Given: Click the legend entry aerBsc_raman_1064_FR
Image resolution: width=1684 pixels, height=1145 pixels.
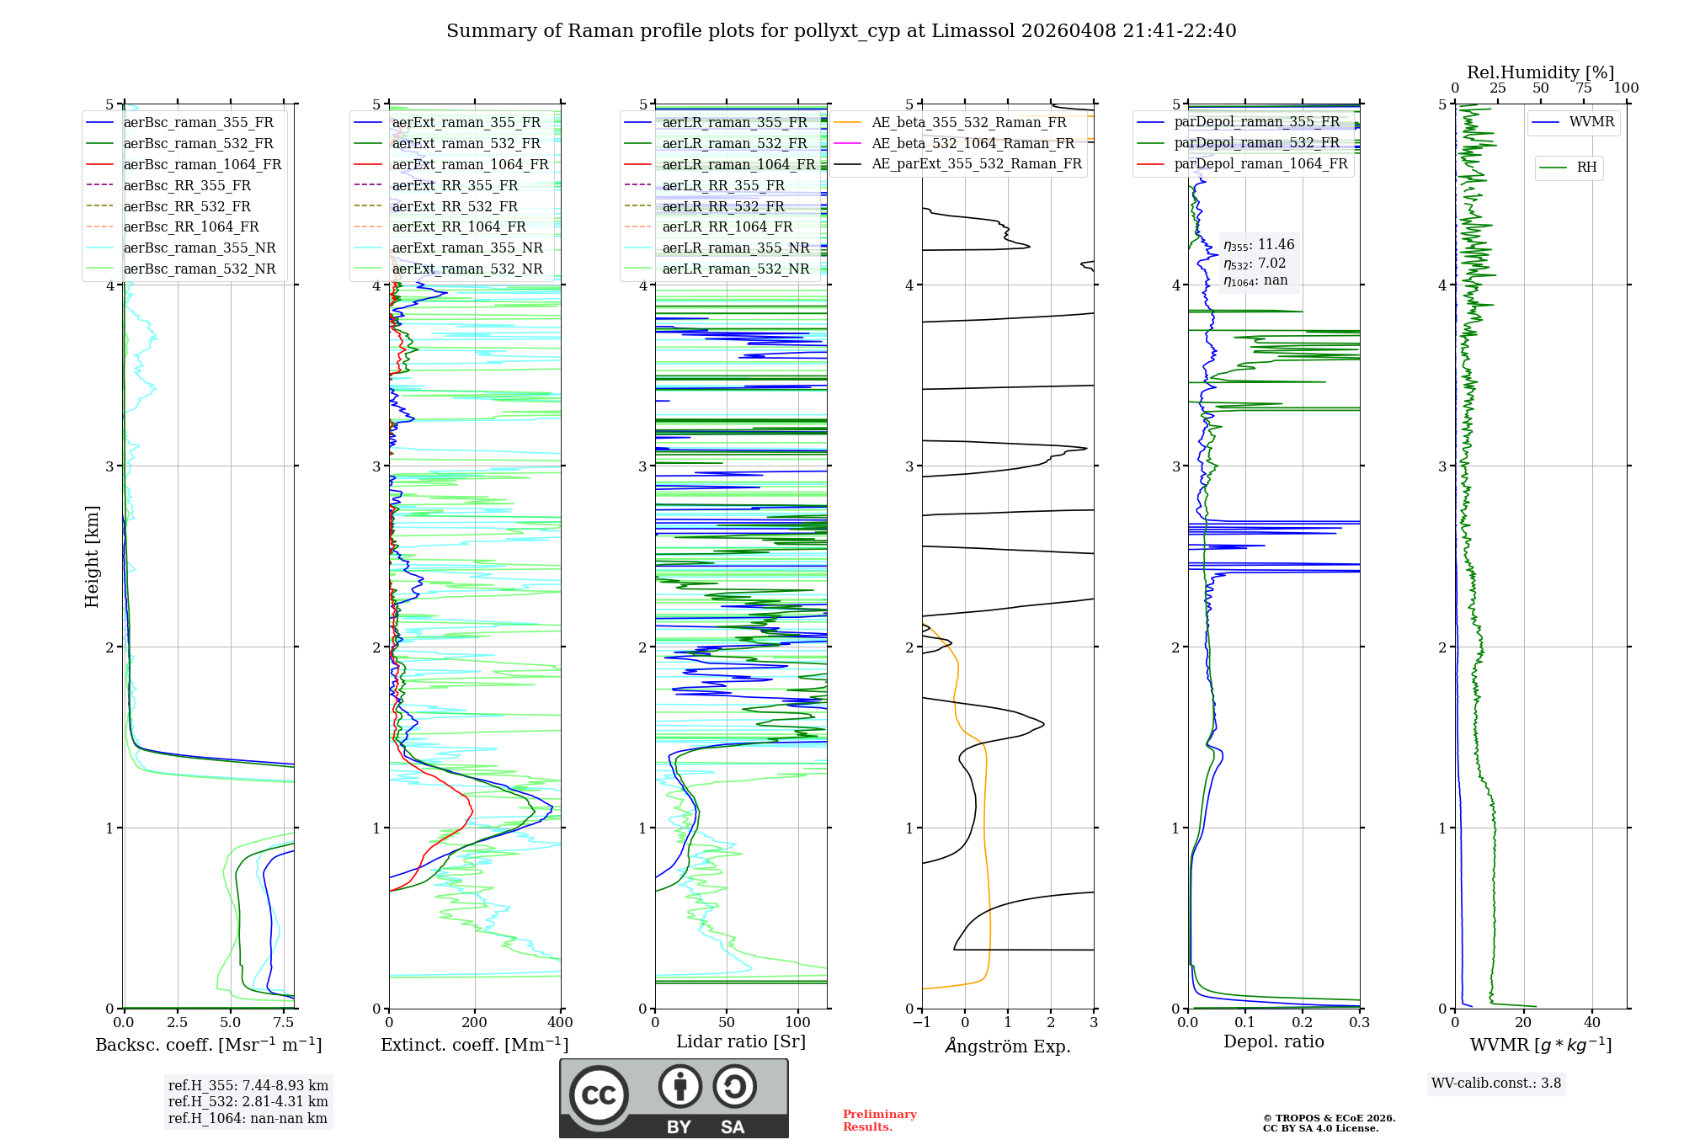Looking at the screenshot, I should coord(202,164).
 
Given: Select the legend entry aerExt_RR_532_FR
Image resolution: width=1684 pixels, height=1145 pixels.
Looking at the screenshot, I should coord(455,206).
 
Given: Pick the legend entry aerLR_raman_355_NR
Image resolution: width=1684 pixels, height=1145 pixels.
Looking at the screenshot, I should coord(735,248).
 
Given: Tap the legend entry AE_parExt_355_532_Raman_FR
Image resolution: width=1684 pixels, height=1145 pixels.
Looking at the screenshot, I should coord(976,163).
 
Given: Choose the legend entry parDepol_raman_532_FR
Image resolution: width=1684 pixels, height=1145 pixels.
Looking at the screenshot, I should coord(1256,143).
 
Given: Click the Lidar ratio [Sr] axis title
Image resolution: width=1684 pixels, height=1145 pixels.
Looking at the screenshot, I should coord(740,1041).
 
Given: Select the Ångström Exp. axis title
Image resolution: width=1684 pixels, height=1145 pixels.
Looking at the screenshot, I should coord(1007,1046).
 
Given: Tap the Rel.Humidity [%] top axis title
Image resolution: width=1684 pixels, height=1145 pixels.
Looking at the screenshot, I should coord(1540,72).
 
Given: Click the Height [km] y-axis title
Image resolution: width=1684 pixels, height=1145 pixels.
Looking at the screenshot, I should coord(92,557).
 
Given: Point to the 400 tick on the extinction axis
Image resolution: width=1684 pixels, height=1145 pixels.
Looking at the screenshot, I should coord(560,1023).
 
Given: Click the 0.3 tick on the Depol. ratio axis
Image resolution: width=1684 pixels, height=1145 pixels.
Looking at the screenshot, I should coord(1359,1023).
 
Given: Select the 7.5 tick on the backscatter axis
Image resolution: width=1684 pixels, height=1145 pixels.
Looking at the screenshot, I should coord(284,1023).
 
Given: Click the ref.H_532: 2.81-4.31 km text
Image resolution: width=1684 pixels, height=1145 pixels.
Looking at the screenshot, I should coord(248,1101).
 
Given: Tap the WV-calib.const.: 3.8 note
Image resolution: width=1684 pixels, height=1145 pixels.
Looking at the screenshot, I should coord(1495,1084).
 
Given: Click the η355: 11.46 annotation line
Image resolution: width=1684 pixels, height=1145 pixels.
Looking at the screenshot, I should coord(1259,245).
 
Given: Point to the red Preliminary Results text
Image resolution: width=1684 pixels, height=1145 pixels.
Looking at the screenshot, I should coord(879,1121).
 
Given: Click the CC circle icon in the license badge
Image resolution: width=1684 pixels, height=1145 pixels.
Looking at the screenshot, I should coord(599,1094).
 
